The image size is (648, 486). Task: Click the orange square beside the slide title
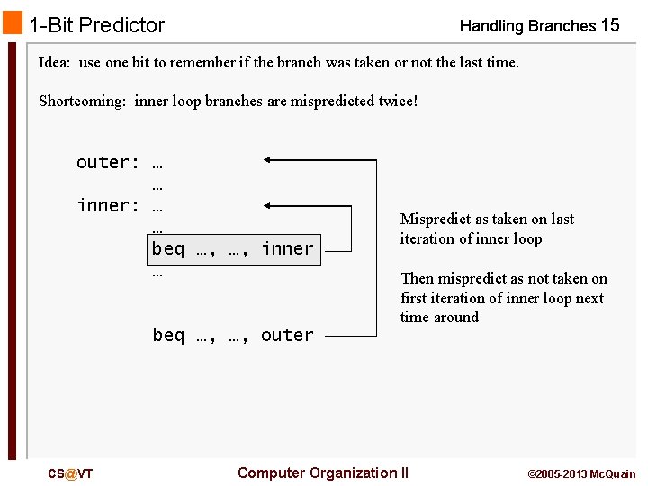pos(12,23)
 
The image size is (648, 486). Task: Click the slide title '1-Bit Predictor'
pos(96,25)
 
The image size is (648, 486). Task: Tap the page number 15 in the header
pos(609,25)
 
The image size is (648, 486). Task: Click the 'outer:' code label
pos(108,163)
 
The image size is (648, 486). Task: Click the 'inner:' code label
pos(108,206)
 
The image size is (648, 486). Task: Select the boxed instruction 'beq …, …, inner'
pos(233,249)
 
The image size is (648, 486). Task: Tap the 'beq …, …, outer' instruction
pos(233,336)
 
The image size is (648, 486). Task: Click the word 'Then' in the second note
pos(417,279)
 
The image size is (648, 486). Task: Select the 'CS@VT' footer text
pos(70,473)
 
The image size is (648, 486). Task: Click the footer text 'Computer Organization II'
pos(322,473)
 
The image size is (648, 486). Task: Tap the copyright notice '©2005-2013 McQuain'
pos(580,474)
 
